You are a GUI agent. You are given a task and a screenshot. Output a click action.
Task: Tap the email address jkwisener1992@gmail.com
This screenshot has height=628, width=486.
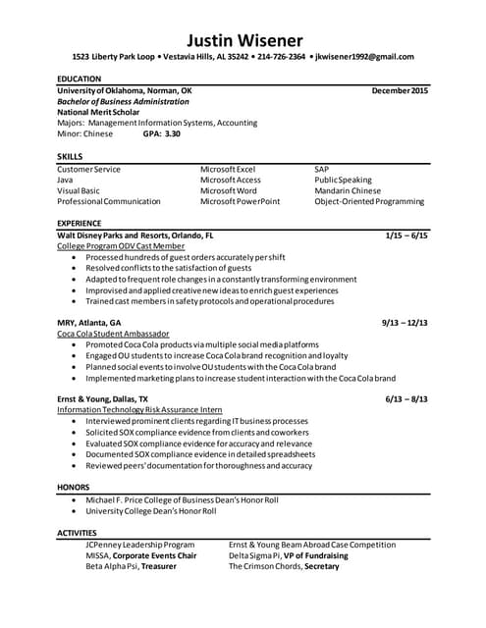(x=364, y=57)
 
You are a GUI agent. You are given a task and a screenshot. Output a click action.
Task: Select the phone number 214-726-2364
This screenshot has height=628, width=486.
(x=281, y=57)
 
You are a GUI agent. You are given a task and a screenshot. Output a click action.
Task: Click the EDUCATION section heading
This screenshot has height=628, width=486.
(x=80, y=78)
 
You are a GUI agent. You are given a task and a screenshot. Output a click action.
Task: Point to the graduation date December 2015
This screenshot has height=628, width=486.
(x=400, y=90)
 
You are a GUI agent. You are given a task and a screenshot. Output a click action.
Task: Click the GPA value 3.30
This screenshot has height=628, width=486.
(x=172, y=133)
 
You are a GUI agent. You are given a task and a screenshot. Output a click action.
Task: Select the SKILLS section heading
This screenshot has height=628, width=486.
(x=70, y=157)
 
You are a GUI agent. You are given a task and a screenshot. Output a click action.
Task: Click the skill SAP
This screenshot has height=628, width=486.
(x=323, y=169)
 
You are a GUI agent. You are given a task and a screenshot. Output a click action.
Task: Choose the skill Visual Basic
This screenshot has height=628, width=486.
(x=79, y=190)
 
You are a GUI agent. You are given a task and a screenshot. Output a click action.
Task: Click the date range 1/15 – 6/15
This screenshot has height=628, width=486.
(x=406, y=235)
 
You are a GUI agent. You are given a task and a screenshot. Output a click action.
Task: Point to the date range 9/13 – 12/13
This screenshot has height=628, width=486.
(x=405, y=322)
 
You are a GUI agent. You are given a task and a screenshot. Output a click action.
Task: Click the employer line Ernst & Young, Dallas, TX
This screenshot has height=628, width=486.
(x=103, y=399)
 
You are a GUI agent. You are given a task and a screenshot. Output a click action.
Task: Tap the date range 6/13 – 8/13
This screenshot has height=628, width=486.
(x=406, y=399)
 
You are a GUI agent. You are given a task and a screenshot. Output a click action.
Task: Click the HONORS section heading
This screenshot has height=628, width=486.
(x=74, y=488)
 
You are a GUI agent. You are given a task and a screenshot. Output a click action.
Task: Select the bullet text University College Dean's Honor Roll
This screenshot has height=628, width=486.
(x=151, y=511)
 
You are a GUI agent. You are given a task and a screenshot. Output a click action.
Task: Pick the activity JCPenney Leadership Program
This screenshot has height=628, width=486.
(x=140, y=545)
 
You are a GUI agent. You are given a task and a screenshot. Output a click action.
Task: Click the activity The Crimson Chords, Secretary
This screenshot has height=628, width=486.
(x=285, y=566)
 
